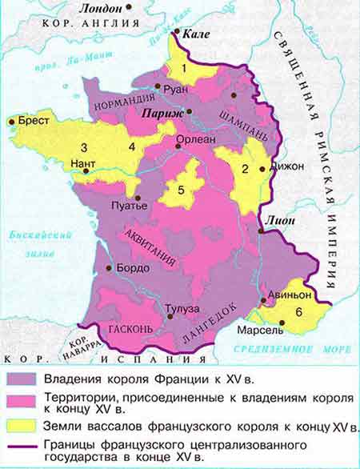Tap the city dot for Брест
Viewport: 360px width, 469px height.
(x=11, y=122)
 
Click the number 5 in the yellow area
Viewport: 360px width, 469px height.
(x=181, y=190)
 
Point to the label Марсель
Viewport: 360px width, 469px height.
(x=261, y=330)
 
